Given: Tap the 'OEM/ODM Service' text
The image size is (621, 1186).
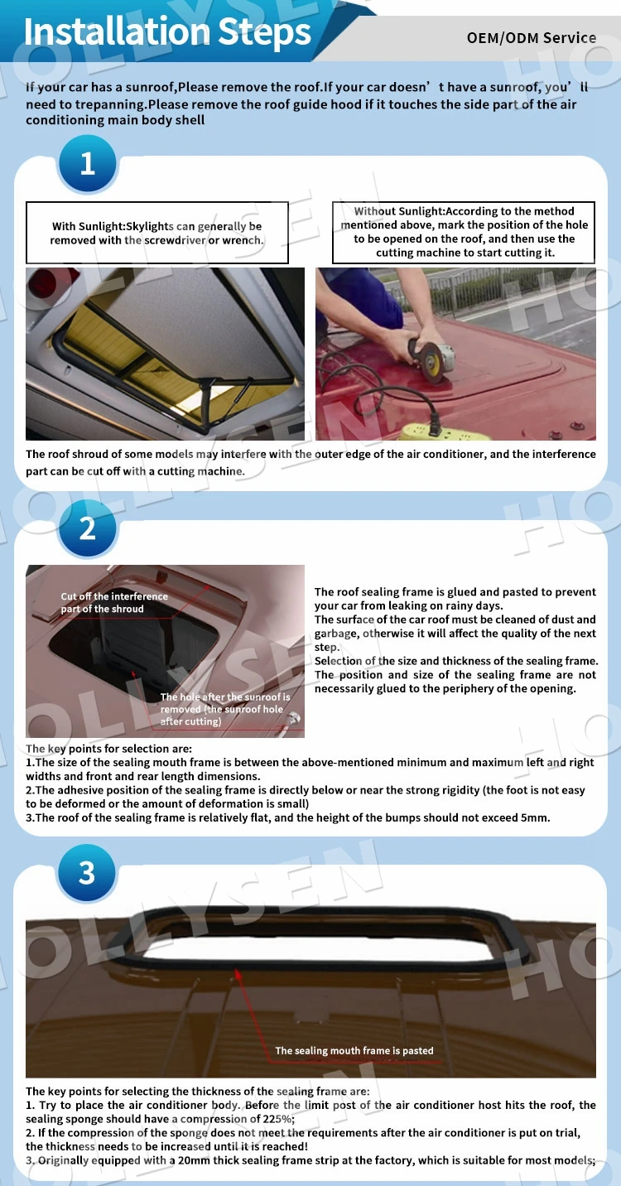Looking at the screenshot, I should (x=531, y=37).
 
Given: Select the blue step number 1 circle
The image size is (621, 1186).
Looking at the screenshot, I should (x=87, y=164).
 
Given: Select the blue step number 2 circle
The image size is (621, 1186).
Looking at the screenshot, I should (x=87, y=528).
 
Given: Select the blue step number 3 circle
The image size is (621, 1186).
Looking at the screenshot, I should (x=87, y=872).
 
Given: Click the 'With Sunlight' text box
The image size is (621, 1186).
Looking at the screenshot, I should (x=157, y=233).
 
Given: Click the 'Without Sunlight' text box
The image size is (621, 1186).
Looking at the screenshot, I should (x=465, y=232).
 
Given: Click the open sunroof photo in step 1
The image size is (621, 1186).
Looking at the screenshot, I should (x=165, y=354).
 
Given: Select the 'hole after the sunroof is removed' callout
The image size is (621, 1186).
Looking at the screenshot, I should (x=224, y=709).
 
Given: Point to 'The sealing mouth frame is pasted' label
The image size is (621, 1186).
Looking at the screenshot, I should (x=354, y=1050).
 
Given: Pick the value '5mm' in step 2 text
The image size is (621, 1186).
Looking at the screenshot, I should (x=535, y=817).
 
